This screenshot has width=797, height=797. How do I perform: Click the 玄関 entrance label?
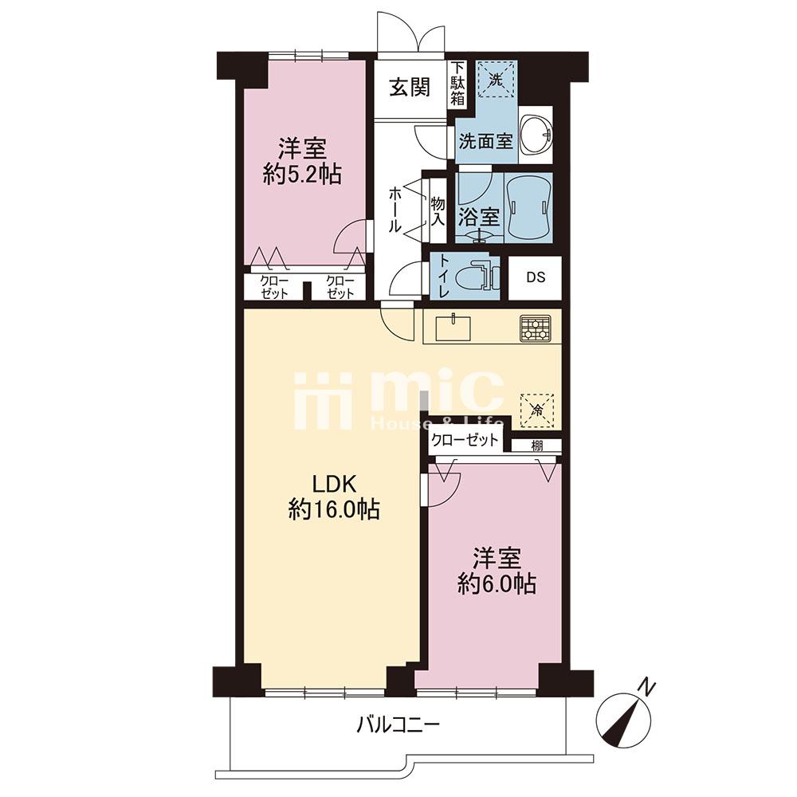click(x=410, y=88)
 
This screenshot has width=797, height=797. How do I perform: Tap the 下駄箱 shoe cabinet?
click(x=458, y=84)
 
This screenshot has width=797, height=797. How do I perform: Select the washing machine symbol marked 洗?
click(x=495, y=79)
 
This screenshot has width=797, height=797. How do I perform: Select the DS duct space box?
click(x=536, y=277)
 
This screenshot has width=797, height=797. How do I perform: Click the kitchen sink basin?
click(x=452, y=329)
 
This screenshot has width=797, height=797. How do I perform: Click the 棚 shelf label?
click(x=537, y=446)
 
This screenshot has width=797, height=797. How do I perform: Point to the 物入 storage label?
click(x=438, y=211)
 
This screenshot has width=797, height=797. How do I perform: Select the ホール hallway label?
click(x=395, y=210)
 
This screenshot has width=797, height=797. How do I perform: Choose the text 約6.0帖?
click(x=497, y=584)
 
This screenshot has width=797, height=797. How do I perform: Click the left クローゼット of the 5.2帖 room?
click(x=274, y=287)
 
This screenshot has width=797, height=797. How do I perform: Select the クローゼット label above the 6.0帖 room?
click(x=464, y=439)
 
